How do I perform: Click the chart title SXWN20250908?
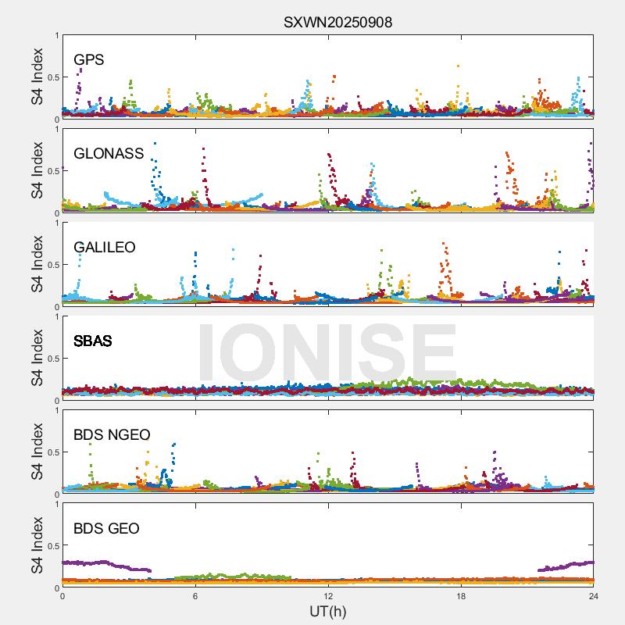[337, 23]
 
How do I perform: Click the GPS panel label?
[89, 59]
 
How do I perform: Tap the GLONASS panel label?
[109, 153]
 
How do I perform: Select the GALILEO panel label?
[105, 247]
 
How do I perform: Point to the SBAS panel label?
[92, 341]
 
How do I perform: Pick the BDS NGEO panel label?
[112, 434]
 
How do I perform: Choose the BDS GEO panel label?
[106, 528]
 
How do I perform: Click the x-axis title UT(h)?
[327, 612]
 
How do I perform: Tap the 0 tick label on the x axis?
[62, 597]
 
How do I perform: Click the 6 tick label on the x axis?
[195, 597]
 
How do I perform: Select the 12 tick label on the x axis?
[328, 597]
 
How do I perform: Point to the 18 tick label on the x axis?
[461, 597]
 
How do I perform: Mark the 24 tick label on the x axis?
[594, 597]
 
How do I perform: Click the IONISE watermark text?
[327, 352]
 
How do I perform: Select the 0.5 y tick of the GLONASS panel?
[51, 171]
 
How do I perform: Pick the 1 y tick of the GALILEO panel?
[55, 223]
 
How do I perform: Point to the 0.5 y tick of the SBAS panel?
[51, 359]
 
